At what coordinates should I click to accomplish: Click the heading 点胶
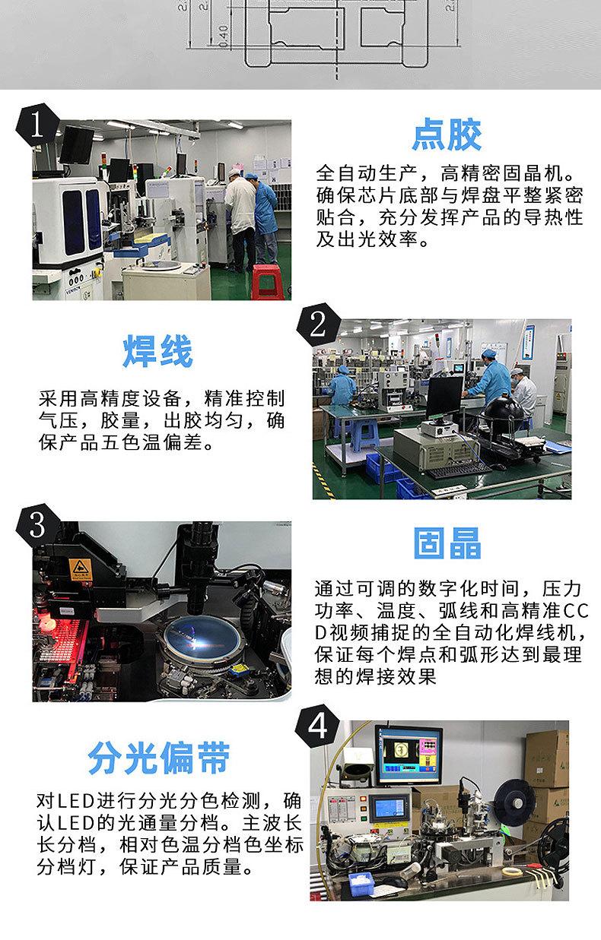point(447,135)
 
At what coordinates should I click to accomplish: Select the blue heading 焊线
point(158,351)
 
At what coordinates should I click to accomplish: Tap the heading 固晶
point(447,543)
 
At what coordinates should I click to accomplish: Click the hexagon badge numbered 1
point(37,125)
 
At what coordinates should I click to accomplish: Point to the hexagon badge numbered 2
point(318,324)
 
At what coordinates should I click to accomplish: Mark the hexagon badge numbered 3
point(37,525)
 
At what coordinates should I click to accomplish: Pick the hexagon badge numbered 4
point(317,726)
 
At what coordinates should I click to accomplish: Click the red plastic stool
point(265,282)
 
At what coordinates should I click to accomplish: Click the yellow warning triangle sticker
point(80,568)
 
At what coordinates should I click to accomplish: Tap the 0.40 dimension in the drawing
point(224,36)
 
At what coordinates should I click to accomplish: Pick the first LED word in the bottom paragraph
point(75,802)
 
